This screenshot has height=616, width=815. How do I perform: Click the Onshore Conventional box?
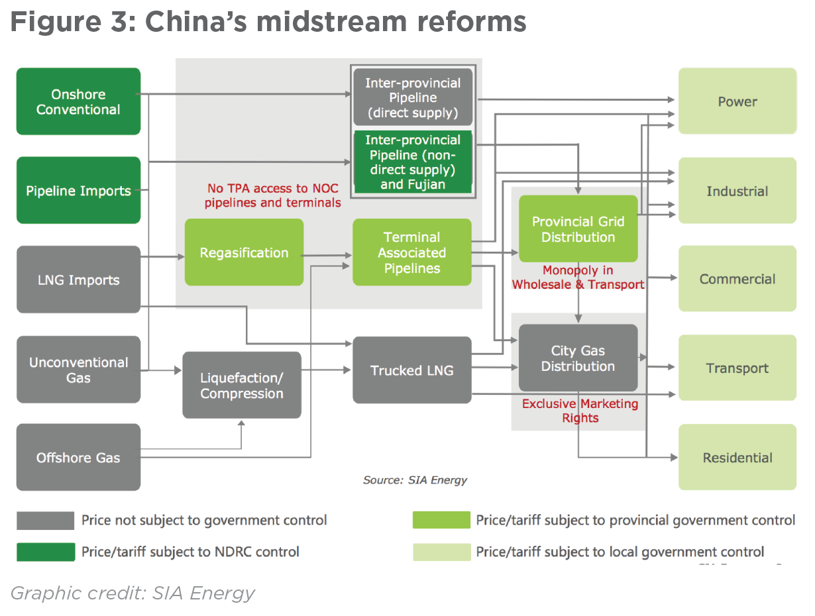[78, 101]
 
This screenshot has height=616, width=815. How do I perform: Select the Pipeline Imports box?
[78, 190]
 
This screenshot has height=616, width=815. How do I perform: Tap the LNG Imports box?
[78, 279]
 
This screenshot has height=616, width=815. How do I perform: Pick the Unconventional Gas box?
[78, 369]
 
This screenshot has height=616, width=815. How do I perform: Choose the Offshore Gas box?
[78, 457]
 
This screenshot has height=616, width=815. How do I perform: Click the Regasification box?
[244, 252]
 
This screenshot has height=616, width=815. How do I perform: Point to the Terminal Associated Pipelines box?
[411, 252]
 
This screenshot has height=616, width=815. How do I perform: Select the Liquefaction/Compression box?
[242, 385]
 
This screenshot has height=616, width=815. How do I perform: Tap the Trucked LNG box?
[411, 370]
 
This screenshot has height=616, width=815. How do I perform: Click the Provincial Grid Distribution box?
[578, 229]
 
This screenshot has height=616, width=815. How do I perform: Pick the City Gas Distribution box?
[578, 358]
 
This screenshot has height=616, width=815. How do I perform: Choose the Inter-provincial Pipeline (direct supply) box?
[413, 97]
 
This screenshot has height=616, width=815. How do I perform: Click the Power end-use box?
[737, 101]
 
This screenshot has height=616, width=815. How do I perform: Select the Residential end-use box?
[737, 457]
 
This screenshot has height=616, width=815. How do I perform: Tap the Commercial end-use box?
[737, 279]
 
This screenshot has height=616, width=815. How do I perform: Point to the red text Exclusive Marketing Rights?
[580, 411]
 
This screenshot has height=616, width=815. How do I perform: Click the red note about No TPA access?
[272, 196]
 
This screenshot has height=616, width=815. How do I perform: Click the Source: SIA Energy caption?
[415, 480]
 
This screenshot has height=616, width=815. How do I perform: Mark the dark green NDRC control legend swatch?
[46, 551]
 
